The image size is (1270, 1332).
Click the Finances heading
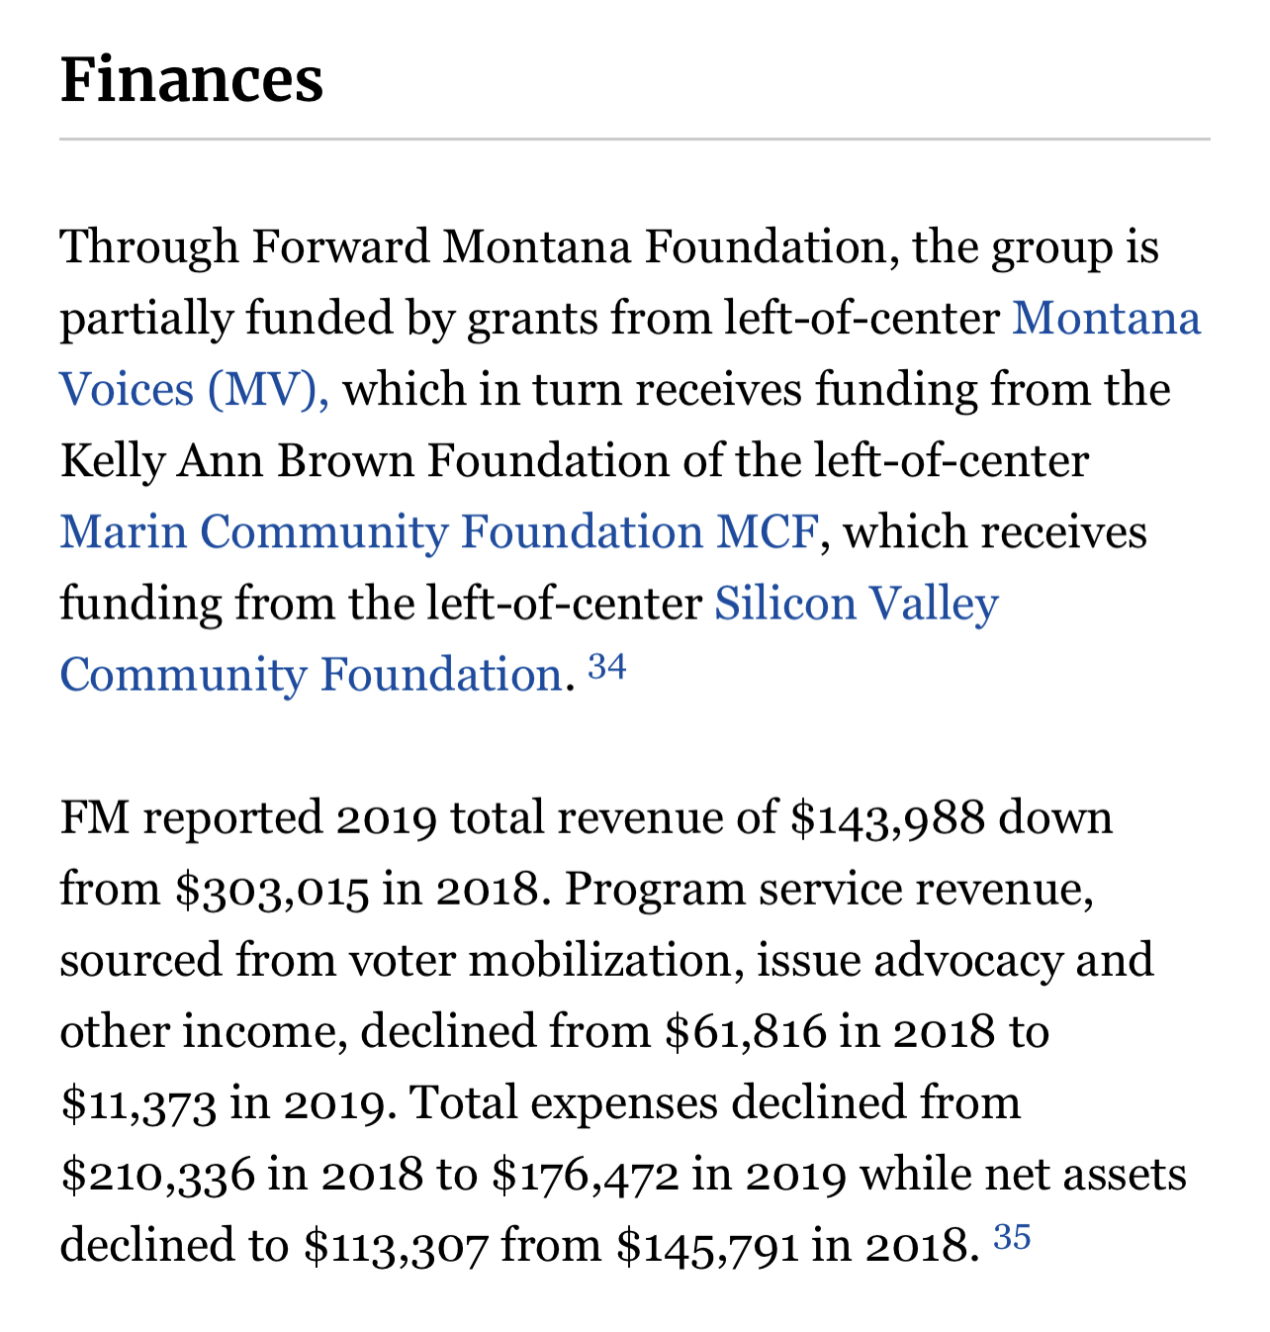(192, 80)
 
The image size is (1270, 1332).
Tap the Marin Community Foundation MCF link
(439, 532)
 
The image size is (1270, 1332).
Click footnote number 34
(607, 668)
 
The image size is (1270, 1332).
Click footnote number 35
(1012, 1237)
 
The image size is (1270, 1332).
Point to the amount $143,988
(887, 818)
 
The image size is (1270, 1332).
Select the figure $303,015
(272, 890)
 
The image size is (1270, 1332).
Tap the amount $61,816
(745, 1032)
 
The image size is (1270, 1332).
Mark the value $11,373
(137, 1103)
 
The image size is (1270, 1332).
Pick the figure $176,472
(586, 1175)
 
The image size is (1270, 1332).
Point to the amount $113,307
(396, 1246)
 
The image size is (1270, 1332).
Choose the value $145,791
(707, 1246)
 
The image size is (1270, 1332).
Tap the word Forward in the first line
(340, 246)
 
